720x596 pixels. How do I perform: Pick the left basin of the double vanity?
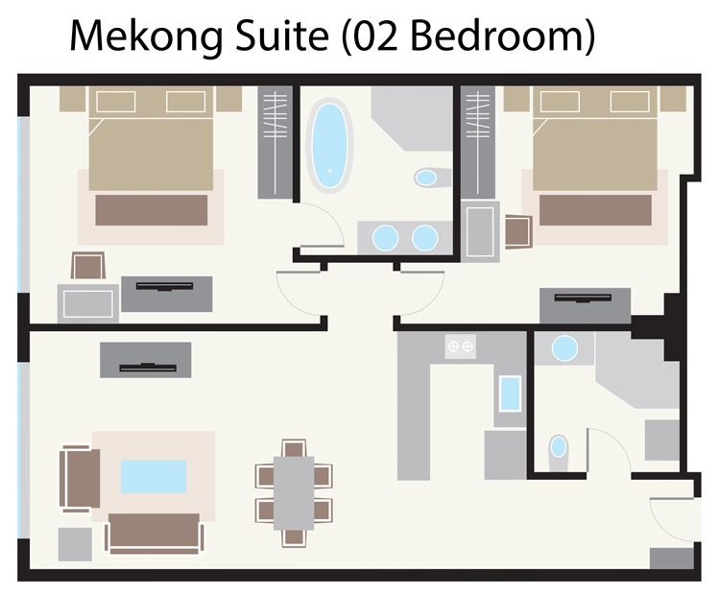click(x=384, y=236)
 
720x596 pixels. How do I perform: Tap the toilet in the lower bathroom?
click(x=558, y=447)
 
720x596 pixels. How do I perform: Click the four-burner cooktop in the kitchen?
click(x=461, y=346)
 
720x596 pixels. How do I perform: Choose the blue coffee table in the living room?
click(x=153, y=475)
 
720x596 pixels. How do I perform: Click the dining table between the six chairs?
click(x=294, y=490)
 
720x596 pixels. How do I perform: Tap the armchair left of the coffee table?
click(x=81, y=477)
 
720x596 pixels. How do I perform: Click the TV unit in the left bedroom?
click(x=167, y=292)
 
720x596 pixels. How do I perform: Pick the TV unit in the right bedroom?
click(x=585, y=305)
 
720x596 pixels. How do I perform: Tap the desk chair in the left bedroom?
click(x=89, y=266)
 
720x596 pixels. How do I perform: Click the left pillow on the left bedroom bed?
click(x=113, y=101)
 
